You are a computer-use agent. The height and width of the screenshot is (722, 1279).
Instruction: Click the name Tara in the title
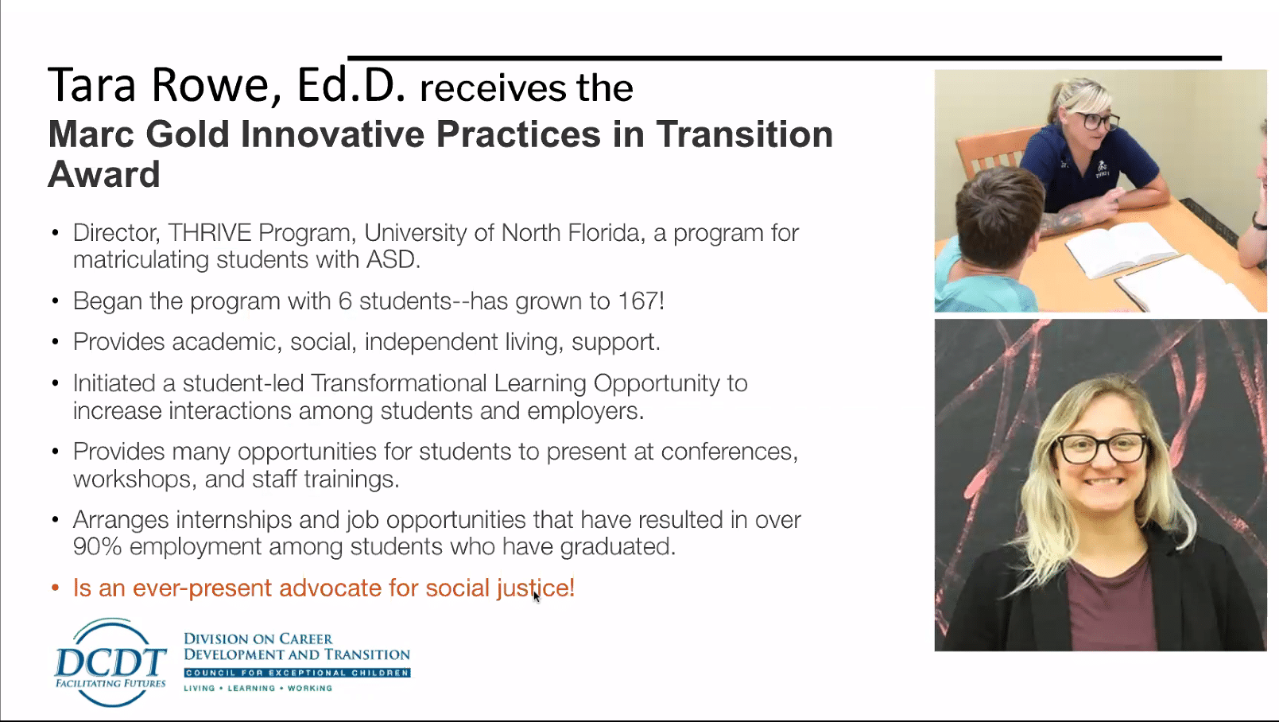pos(91,85)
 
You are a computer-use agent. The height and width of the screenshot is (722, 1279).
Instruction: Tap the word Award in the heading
pos(104,174)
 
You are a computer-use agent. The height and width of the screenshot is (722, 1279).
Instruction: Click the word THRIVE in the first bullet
pos(209,233)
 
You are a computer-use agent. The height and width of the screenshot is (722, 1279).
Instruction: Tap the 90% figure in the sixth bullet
pos(97,546)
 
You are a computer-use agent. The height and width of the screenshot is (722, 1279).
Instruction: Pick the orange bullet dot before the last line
pos(56,588)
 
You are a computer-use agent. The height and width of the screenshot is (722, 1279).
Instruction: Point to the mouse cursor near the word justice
pos(536,596)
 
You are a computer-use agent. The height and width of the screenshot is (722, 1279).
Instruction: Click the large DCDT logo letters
pos(110,662)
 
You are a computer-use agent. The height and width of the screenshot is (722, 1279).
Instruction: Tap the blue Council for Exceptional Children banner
pos(297,673)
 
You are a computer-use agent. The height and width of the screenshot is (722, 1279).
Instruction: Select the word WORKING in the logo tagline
pos(309,689)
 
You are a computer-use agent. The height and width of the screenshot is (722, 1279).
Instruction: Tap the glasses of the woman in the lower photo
pos(1102,448)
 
